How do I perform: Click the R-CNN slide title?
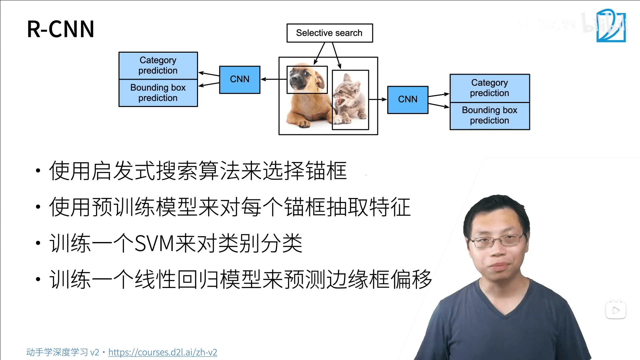click(x=61, y=29)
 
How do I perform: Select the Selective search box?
click(x=330, y=33)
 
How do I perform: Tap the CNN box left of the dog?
click(x=240, y=80)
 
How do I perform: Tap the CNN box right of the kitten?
click(x=408, y=100)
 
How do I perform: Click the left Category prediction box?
click(x=158, y=65)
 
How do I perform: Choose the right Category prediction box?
click(x=490, y=88)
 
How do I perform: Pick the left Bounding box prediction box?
click(x=158, y=93)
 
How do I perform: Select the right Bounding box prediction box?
click(x=490, y=116)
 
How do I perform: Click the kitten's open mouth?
click(x=340, y=101)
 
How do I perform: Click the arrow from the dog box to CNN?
click(x=274, y=79)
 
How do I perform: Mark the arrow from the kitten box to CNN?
click(x=378, y=99)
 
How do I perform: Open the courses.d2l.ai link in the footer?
click(x=163, y=352)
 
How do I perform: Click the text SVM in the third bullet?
click(x=155, y=243)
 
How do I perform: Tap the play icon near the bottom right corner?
click(x=616, y=310)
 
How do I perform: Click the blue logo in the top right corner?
click(x=611, y=26)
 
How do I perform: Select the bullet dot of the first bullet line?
click(x=38, y=171)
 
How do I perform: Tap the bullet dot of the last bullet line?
click(x=38, y=279)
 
